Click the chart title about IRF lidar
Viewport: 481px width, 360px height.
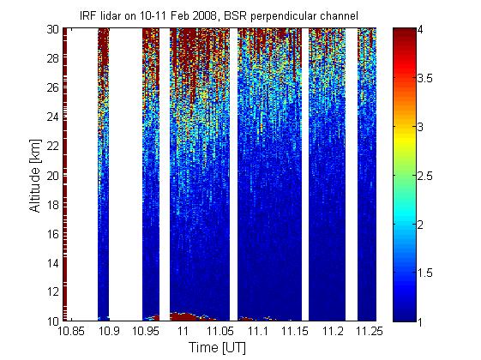point(219,15)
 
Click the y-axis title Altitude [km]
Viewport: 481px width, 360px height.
point(34,176)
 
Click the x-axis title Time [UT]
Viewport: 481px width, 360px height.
point(217,347)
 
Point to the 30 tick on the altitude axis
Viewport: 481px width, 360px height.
point(53,29)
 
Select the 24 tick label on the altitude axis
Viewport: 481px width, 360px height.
point(53,117)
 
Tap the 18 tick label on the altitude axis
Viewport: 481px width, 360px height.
point(53,205)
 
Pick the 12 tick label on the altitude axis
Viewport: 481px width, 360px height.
point(53,291)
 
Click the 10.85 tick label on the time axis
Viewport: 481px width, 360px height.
point(71,331)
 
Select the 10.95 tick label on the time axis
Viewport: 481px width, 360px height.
point(146,331)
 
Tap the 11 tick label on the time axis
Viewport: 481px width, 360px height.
point(183,331)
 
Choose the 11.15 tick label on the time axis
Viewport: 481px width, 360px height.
point(294,331)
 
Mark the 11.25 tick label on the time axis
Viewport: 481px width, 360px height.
point(369,331)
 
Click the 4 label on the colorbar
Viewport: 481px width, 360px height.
point(420,30)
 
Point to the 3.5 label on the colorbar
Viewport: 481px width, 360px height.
point(425,78)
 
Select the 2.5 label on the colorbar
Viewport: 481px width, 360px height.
point(425,176)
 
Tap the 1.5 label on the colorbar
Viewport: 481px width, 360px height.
point(425,273)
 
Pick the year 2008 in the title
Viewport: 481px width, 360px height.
point(204,15)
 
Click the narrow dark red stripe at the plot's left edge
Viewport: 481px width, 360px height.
point(64,174)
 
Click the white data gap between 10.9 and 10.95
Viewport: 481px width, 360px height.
point(125,174)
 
